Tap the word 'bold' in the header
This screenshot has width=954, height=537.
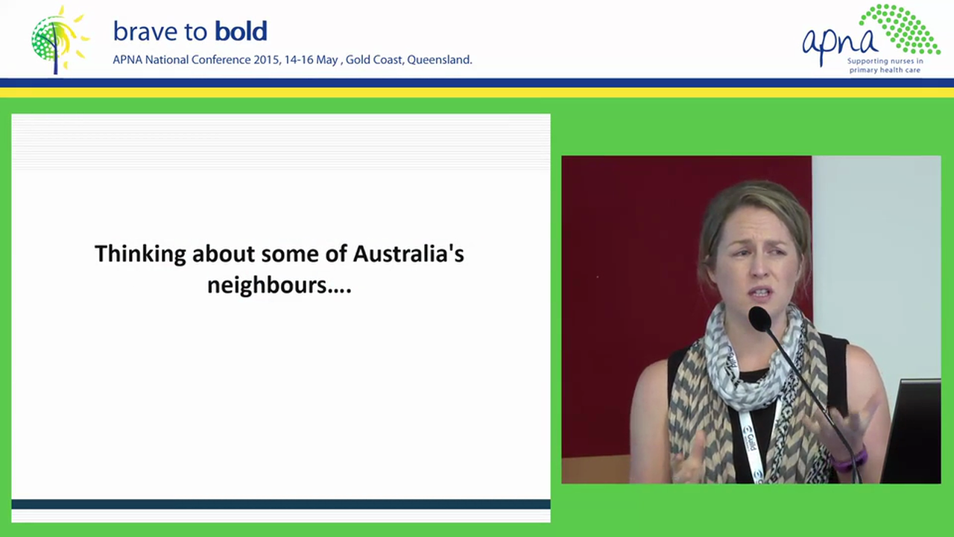pyautogui.click(x=240, y=31)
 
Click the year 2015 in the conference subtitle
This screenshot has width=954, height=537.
pyautogui.click(x=266, y=60)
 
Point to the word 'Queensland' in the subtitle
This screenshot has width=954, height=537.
pyautogui.click(x=439, y=60)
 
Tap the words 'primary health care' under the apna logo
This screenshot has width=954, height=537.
pyautogui.click(x=885, y=70)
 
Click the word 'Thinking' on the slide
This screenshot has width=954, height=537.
pyautogui.click(x=140, y=254)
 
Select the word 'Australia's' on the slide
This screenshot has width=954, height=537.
pyautogui.click(x=408, y=254)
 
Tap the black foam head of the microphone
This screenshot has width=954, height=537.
pyautogui.click(x=759, y=319)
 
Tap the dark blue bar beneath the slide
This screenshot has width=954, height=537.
pyautogui.click(x=281, y=504)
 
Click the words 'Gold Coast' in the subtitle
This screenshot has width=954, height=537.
pyautogui.click(x=373, y=60)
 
